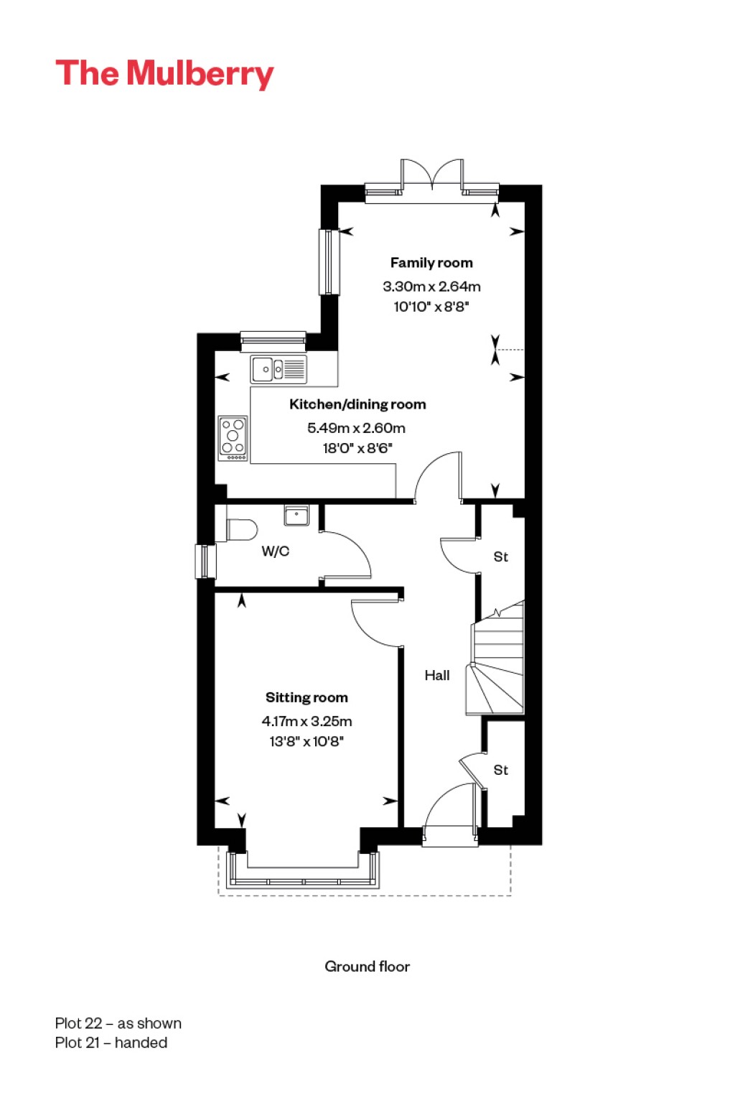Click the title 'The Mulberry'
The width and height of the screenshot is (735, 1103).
point(164,74)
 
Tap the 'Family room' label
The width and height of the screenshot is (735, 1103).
point(431,263)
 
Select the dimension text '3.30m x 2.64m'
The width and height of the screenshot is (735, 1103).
point(431,286)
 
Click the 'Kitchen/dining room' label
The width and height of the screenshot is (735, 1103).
point(357,404)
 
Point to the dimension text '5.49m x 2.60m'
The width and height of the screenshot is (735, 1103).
point(356,428)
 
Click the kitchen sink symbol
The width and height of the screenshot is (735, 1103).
point(278,370)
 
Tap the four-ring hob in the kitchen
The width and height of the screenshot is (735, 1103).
point(233,438)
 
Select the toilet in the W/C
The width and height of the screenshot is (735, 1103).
point(240,530)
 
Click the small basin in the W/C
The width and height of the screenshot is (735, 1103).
point(296,515)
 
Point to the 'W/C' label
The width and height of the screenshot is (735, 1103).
point(275,551)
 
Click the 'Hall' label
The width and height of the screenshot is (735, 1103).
point(436,675)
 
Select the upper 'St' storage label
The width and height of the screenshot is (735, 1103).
point(500,557)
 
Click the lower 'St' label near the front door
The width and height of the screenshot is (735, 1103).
point(500,770)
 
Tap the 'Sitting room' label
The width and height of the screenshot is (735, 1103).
point(306,697)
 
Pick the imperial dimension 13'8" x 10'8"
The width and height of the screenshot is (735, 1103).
point(306,741)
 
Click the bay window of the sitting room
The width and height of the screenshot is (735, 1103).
point(303,872)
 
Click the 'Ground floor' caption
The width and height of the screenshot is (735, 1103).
point(367,967)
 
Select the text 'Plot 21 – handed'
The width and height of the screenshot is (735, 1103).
point(111,1043)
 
